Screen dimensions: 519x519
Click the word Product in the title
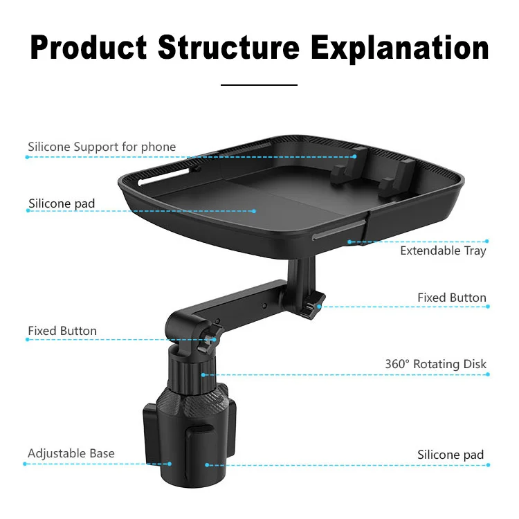(x=89, y=48)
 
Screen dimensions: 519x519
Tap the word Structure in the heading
(x=229, y=48)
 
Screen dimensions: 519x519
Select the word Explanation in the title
(x=400, y=48)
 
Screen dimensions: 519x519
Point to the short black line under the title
(x=259, y=84)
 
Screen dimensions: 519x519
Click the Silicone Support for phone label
(x=102, y=147)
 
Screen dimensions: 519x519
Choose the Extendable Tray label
(x=443, y=251)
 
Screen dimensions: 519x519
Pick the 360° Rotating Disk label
(x=436, y=364)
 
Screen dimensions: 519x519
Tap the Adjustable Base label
(x=71, y=454)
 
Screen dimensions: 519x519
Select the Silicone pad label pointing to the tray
(x=62, y=203)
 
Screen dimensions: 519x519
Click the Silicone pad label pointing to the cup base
(x=450, y=455)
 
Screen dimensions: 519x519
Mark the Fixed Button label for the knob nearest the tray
(x=452, y=298)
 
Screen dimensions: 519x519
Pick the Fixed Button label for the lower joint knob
(x=62, y=331)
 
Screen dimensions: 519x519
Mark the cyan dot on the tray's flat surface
(x=254, y=210)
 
